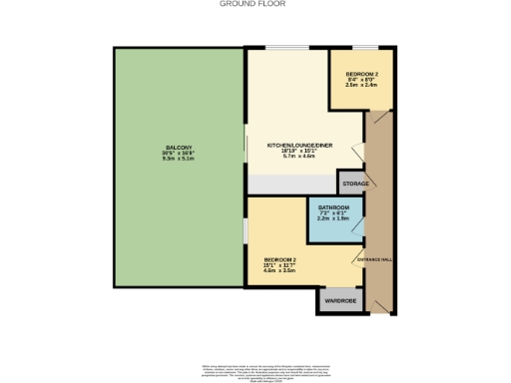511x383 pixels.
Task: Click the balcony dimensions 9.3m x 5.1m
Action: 180,160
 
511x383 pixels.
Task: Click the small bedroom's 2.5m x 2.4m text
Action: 361,86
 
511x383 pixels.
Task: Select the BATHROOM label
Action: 333,207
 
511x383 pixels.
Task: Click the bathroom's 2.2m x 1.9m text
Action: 333,219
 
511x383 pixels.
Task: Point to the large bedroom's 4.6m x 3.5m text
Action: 280,270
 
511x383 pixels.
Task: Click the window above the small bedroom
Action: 363,49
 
